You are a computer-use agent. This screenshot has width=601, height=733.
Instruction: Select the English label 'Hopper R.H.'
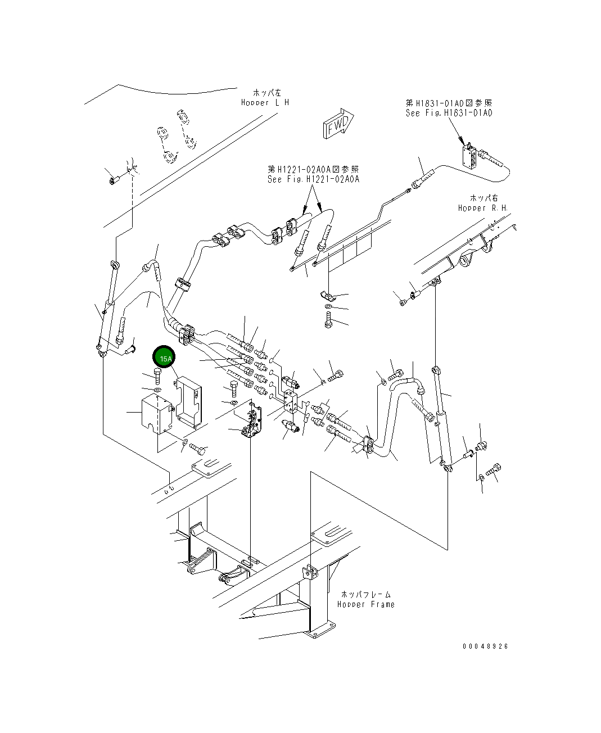point(482,208)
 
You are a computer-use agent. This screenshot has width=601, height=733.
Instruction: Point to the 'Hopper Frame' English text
point(366,604)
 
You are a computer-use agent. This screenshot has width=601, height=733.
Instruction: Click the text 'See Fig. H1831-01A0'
point(449,113)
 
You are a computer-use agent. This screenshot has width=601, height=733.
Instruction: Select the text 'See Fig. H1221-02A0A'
point(313,179)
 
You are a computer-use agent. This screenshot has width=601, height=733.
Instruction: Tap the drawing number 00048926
point(485,646)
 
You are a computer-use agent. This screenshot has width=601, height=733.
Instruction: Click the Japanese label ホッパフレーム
point(366,594)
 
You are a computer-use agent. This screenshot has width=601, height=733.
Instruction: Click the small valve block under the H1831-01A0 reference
point(471,156)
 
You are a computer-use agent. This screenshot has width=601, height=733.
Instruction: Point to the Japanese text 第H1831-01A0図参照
point(449,103)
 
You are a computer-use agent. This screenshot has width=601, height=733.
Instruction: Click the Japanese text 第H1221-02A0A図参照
point(313,169)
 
